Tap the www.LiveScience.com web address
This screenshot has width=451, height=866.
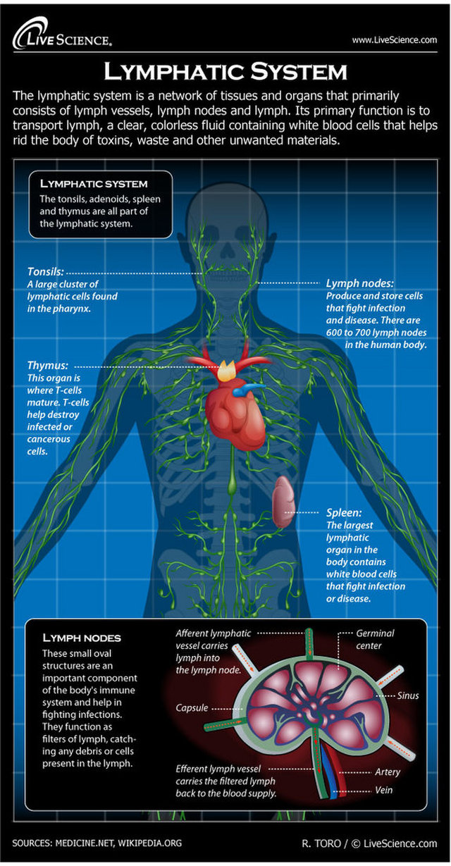394,40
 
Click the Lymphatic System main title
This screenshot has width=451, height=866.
225,72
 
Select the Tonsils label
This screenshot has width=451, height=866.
45,271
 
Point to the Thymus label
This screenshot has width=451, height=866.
48,365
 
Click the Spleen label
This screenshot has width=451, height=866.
344,513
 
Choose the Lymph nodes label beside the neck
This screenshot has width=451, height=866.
359,283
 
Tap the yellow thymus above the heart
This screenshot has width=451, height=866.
226,371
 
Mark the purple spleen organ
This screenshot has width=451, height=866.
283,502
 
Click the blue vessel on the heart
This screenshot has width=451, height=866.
247,390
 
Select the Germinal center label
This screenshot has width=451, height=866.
374,639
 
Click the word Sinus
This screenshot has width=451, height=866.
408,695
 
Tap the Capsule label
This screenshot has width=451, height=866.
192,708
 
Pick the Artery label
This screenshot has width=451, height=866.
388,772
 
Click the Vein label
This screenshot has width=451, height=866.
383,790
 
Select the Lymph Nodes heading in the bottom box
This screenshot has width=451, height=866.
82,638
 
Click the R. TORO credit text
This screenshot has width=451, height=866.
321,843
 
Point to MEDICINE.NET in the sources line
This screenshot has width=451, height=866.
85,843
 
